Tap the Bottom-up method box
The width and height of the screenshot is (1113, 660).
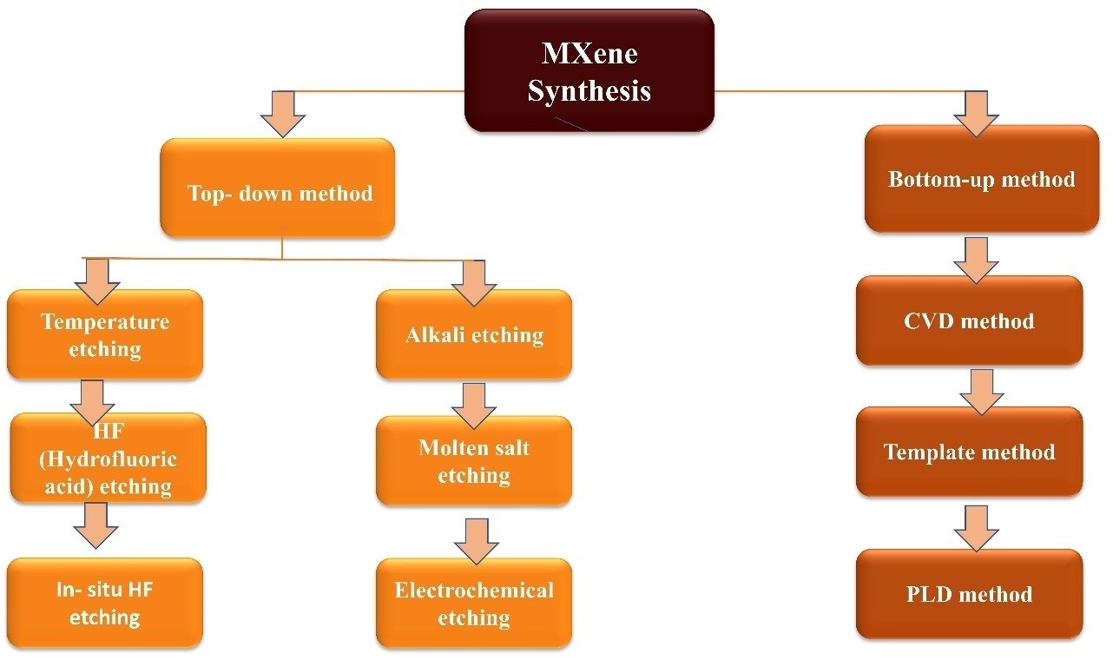click(x=982, y=179)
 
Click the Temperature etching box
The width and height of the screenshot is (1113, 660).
click(x=105, y=335)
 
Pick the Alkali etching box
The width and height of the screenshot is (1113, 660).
click(x=474, y=335)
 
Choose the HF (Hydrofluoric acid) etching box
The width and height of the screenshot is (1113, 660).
click(x=108, y=459)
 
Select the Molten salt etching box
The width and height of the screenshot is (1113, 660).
click(x=474, y=461)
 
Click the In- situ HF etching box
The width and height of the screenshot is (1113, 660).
click(x=105, y=604)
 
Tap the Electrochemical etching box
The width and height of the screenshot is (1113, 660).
click(x=474, y=604)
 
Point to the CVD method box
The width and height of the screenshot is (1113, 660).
click(x=969, y=320)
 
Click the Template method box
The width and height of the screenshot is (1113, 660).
click(x=969, y=452)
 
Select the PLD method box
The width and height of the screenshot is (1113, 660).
click(x=969, y=594)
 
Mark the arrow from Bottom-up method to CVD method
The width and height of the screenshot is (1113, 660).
click(x=976, y=260)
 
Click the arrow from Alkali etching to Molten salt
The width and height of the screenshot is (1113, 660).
click(x=474, y=404)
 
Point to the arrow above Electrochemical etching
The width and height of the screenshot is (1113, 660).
click(x=476, y=540)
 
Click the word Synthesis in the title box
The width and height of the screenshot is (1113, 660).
click(x=589, y=90)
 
